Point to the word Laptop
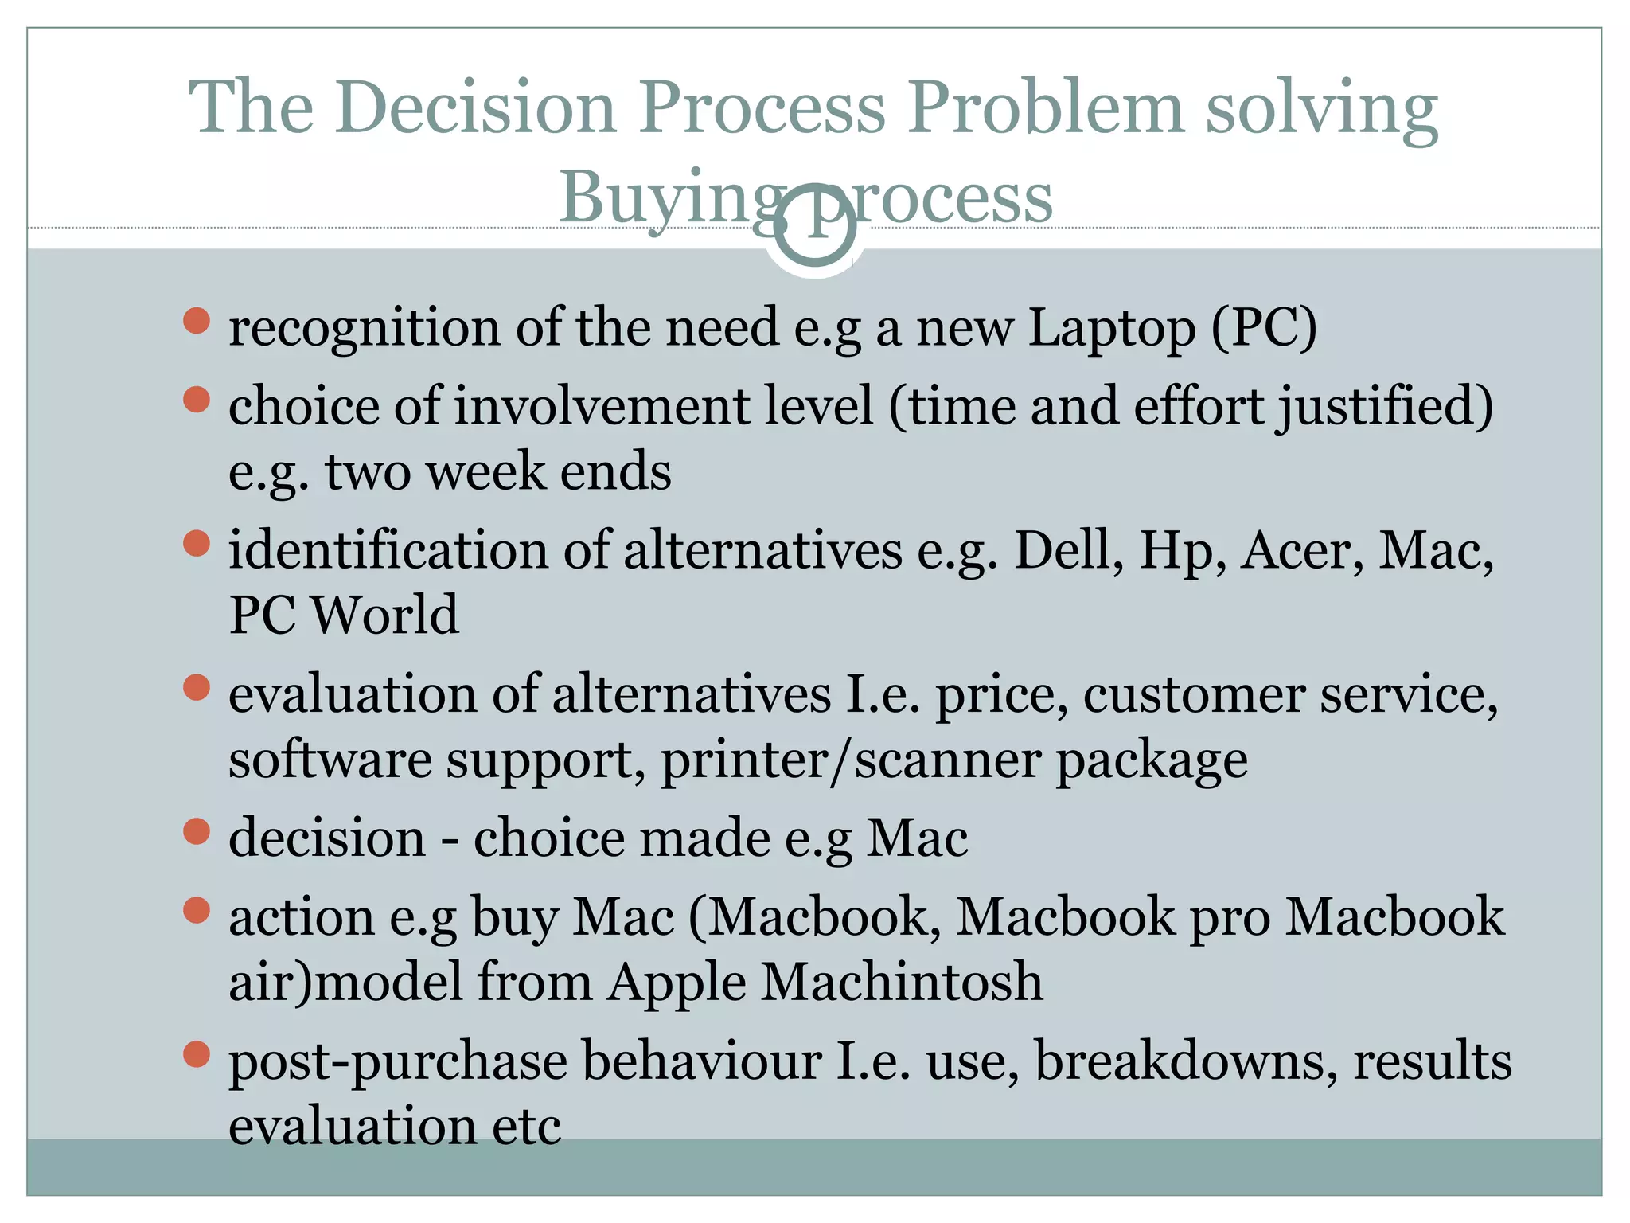(x=1112, y=328)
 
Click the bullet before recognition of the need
(x=196, y=321)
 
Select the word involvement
(x=602, y=406)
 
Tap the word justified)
(x=1386, y=406)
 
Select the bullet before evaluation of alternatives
(x=196, y=686)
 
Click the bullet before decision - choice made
(x=196, y=831)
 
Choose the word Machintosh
(x=902, y=982)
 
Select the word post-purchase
(x=397, y=1062)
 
